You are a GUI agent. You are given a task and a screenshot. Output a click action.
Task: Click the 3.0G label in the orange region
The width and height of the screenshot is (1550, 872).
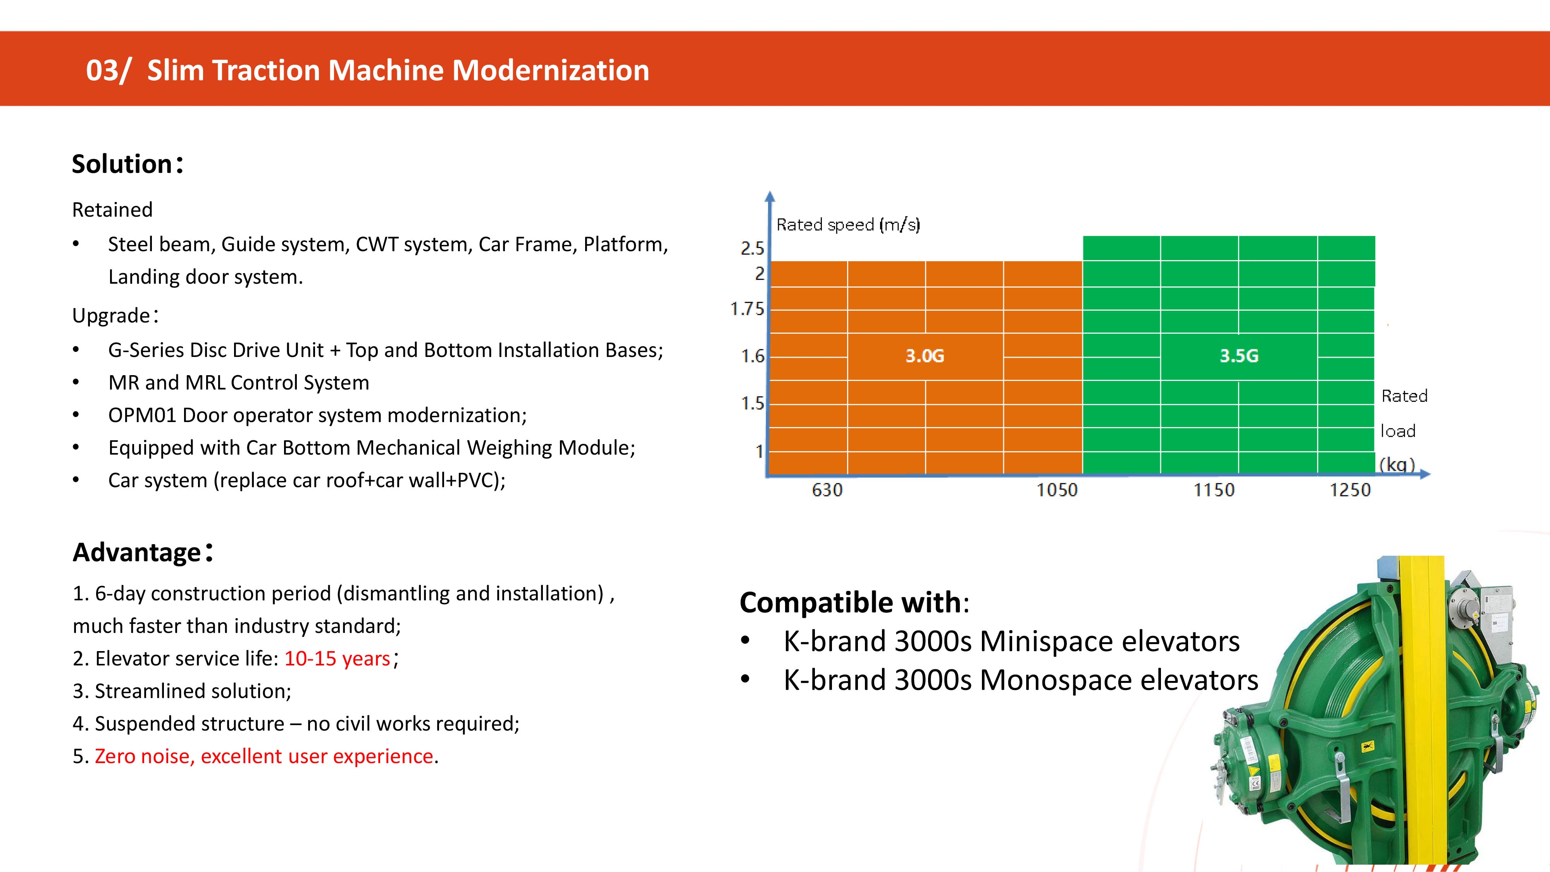point(925,356)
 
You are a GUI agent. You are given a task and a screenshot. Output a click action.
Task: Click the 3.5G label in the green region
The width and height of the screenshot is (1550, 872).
point(1239,356)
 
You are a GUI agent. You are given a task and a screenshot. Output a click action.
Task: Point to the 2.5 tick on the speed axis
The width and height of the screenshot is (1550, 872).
point(752,248)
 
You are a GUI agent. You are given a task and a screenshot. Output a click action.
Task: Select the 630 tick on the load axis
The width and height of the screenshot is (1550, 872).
point(827,490)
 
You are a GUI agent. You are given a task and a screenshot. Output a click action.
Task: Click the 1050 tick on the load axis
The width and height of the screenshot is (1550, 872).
point(1057,490)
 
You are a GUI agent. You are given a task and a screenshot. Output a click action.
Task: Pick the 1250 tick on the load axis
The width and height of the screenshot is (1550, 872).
point(1350,490)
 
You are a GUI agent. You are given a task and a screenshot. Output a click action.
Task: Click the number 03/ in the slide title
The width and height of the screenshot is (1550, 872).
point(108,71)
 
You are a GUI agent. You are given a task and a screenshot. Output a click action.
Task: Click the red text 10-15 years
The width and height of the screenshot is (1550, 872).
point(338,658)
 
